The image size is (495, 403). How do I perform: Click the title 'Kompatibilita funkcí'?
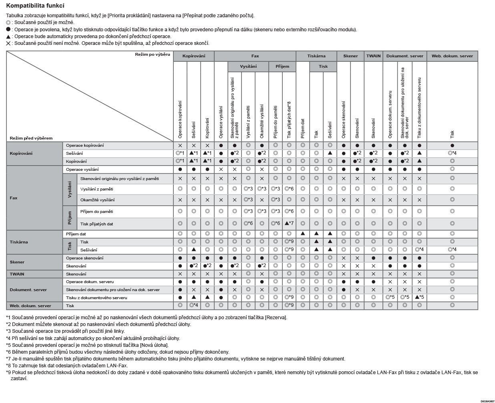[35, 6]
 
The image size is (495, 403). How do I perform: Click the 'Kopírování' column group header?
[193, 56]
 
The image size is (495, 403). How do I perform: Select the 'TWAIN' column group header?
[373, 56]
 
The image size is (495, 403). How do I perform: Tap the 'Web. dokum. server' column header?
[452, 56]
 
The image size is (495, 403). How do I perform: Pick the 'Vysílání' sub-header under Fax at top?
[248, 67]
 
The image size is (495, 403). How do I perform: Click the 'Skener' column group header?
[350, 56]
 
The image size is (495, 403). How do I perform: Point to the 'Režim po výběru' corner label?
[152, 55]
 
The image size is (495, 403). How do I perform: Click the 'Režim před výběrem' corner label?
[31, 138]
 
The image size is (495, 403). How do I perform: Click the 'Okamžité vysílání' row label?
[97, 200]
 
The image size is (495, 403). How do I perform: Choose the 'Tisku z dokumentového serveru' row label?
[97, 298]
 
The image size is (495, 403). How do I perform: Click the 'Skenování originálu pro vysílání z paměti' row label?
[119, 179]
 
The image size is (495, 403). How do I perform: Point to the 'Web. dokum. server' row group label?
[30, 306]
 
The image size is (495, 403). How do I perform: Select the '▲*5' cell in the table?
[419, 297]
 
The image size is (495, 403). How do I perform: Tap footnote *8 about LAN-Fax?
[67, 365]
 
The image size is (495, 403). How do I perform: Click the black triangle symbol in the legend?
[8, 36]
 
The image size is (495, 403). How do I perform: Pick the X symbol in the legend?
[8, 43]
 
